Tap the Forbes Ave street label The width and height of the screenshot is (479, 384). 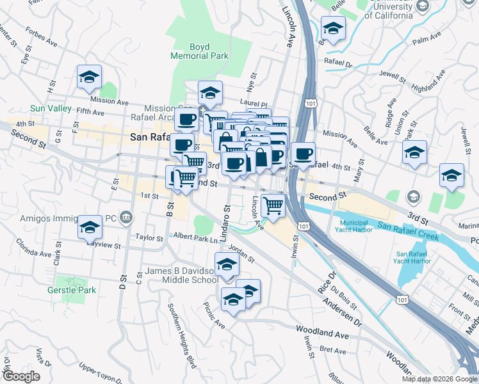point(43,36)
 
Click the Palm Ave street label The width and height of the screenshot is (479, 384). point(428,42)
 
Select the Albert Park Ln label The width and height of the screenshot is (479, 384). point(196,238)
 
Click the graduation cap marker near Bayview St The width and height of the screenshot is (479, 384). point(90,227)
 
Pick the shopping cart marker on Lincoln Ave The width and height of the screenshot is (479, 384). point(273,205)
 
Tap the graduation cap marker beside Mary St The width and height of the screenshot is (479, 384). point(414,153)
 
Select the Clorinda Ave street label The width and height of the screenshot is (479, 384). point(33,244)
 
